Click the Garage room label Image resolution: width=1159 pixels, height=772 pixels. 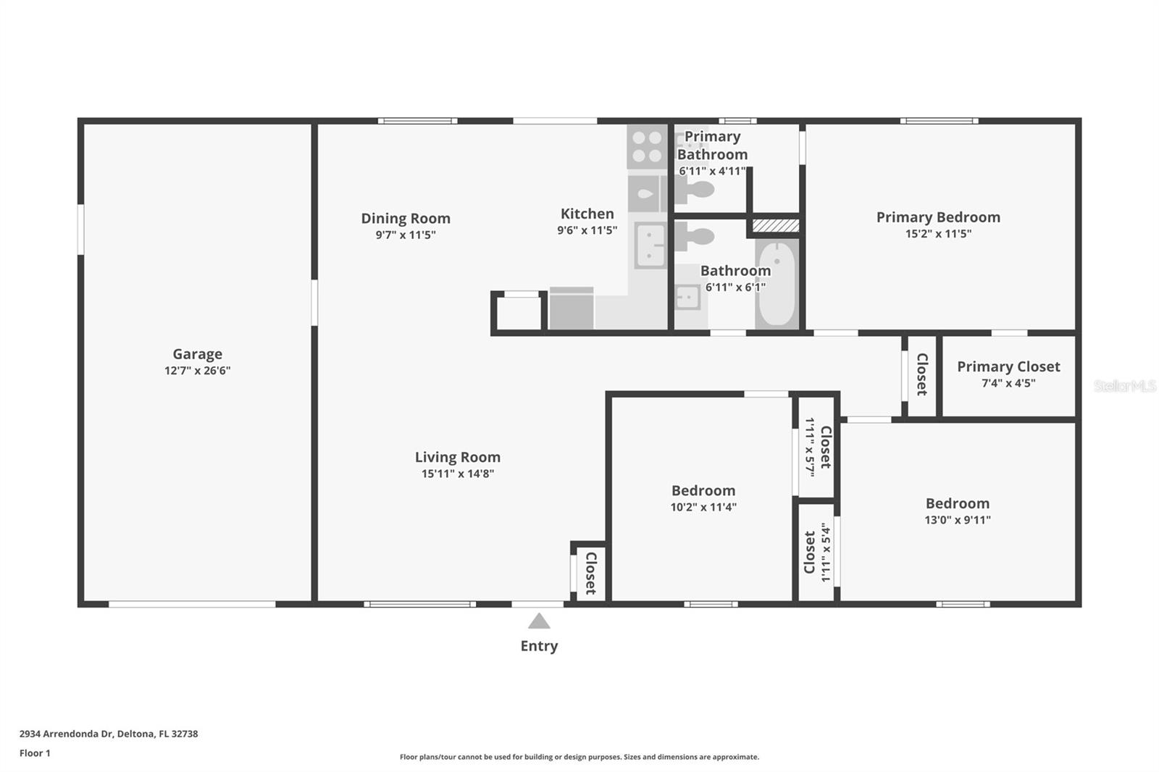pyautogui.click(x=197, y=354)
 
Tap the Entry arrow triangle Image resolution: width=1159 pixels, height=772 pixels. pyautogui.click(x=539, y=621)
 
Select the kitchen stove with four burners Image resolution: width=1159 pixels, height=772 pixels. pyautogui.click(x=647, y=146)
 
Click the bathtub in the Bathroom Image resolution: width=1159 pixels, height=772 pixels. pyautogui.click(x=777, y=284)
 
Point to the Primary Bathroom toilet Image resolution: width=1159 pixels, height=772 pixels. pyautogui.click(x=694, y=190)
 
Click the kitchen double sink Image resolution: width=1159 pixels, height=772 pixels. pyautogui.click(x=650, y=246)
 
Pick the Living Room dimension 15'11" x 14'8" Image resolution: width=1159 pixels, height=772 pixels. pyautogui.click(x=457, y=474)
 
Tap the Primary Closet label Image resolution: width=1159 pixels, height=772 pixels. pyautogui.click(x=1008, y=367)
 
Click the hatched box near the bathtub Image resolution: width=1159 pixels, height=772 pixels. pyautogui.click(x=776, y=225)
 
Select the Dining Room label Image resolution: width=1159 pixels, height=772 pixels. pyautogui.click(x=406, y=219)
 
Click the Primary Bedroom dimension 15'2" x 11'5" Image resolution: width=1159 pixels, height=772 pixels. pyautogui.click(x=938, y=233)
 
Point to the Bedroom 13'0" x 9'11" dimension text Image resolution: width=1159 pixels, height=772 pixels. pyautogui.click(x=958, y=519)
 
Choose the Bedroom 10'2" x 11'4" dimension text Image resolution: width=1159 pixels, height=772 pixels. pyautogui.click(x=703, y=506)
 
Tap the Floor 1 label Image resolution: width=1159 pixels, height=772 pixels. pyautogui.click(x=35, y=753)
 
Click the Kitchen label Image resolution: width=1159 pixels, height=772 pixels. pyautogui.click(x=587, y=214)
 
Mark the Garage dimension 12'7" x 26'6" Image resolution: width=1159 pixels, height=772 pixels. pyautogui.click(x=197, y=371)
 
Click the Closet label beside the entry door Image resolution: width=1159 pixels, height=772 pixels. pyautogui.click(x=591, y=573)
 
